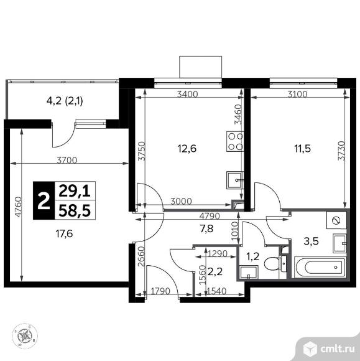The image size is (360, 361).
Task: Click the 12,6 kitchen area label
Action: [x=187, y=149]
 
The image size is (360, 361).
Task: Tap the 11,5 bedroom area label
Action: [x=303, y=149]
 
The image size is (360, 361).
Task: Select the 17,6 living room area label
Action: [x=64, y=234]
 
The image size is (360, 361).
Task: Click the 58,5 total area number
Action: [x=75, y=211]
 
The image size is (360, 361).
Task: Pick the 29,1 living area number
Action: [x=75, y=191]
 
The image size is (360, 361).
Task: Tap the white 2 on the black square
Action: [x=44, y=201]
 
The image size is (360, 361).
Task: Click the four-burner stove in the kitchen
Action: [x=235, y=141]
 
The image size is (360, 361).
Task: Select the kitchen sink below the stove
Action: [x=235, y=180]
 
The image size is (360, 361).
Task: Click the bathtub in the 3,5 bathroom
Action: [x=320, y=267]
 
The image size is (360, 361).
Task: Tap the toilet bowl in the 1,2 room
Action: [x=271, y=263]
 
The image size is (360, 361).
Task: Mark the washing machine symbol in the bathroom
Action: [x=336, y=220]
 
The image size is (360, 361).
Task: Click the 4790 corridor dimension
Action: [x=210, y=216]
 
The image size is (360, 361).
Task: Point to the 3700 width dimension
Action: [x=67, y=160]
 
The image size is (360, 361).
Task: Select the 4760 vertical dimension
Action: [x=18, y=207]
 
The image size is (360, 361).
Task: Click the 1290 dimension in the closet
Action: [x=218, y=253]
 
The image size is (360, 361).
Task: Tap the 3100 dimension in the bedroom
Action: [x=297, y=94]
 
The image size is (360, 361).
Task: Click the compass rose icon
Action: [x=25, y=336]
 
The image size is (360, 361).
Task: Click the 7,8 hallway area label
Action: [x=207, y=229]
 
